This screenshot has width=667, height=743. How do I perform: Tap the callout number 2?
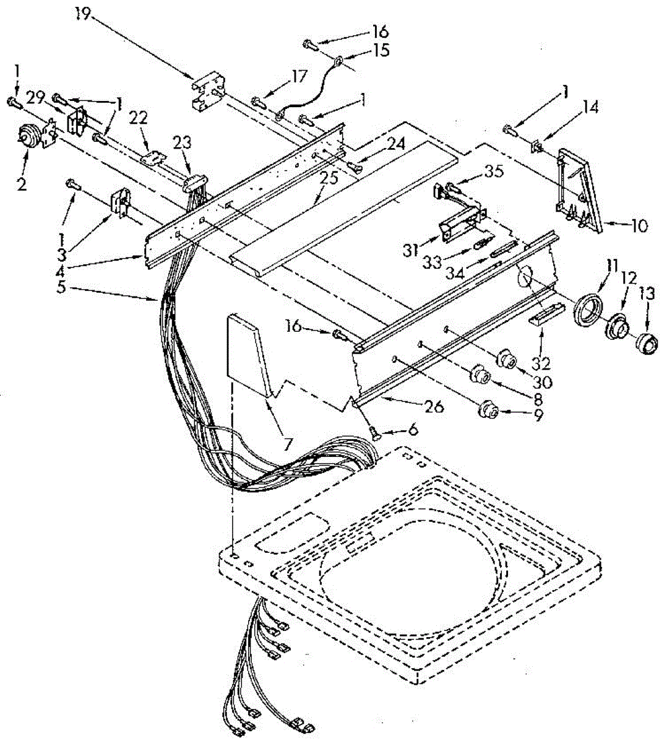coord(22,185)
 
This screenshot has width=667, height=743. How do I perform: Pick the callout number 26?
coord(432,406)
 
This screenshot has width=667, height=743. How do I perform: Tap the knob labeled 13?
coord(645,342)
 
